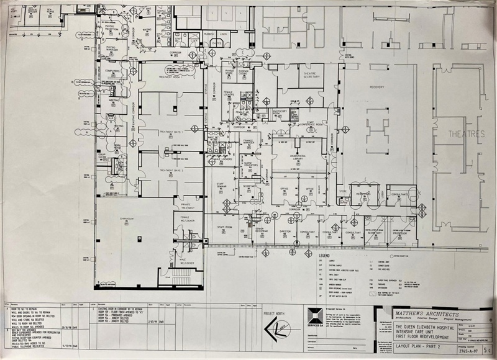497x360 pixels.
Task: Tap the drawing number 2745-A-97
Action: (462, 351)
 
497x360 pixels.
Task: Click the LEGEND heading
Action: (326, 256)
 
